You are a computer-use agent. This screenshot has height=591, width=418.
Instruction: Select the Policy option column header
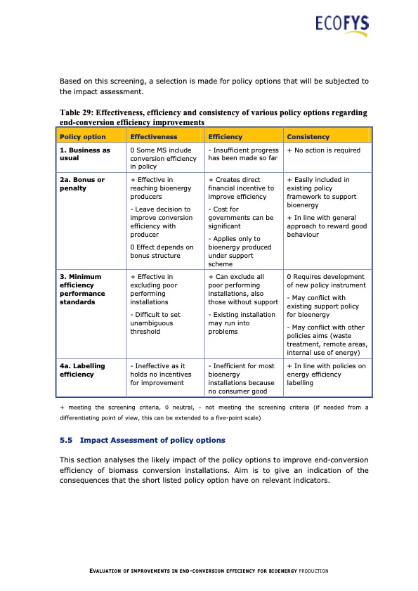point(83,136)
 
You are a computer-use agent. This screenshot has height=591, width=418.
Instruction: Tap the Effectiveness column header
point(154,136)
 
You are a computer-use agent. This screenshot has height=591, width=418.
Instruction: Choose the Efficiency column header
point(226,136)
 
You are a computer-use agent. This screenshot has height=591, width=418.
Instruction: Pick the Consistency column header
point(308,136)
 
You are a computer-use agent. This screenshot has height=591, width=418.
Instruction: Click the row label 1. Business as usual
point(85,155)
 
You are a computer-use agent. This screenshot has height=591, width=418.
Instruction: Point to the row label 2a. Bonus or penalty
point(82,184)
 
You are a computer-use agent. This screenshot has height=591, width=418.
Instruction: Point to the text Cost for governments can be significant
point(241,218)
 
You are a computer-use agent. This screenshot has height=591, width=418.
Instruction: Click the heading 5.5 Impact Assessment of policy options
point(143,440)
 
